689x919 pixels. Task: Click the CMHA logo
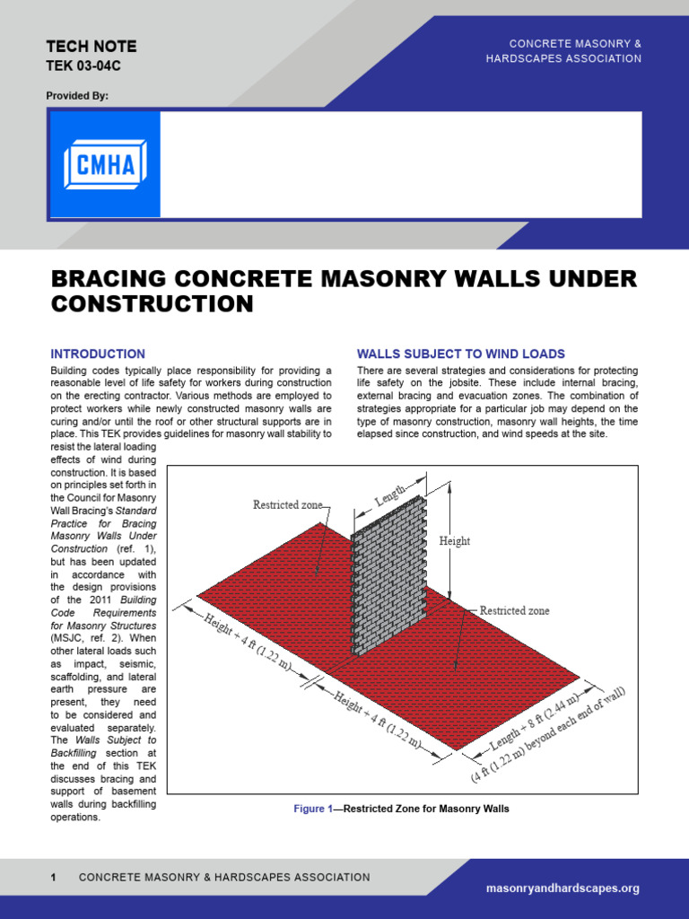click(x=105, y=164)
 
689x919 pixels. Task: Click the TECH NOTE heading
click(x=91, y=47)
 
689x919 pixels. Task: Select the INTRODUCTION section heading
click(x=98, y=354)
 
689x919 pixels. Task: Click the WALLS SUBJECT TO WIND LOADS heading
click(x=460, y=354)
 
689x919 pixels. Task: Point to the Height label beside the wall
click(x=454, y=541)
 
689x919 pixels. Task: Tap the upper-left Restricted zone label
click(x=287, y=505)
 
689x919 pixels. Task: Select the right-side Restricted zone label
click(x=514, y=611)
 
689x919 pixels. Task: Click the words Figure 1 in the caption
click(x=312, y=809)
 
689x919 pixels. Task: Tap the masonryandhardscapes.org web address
click(x=563, y=888)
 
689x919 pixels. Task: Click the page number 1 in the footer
click(x=54, y=877)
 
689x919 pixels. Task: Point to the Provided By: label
click(x=77, y=95)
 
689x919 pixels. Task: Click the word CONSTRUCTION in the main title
click(x=153, y=304)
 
